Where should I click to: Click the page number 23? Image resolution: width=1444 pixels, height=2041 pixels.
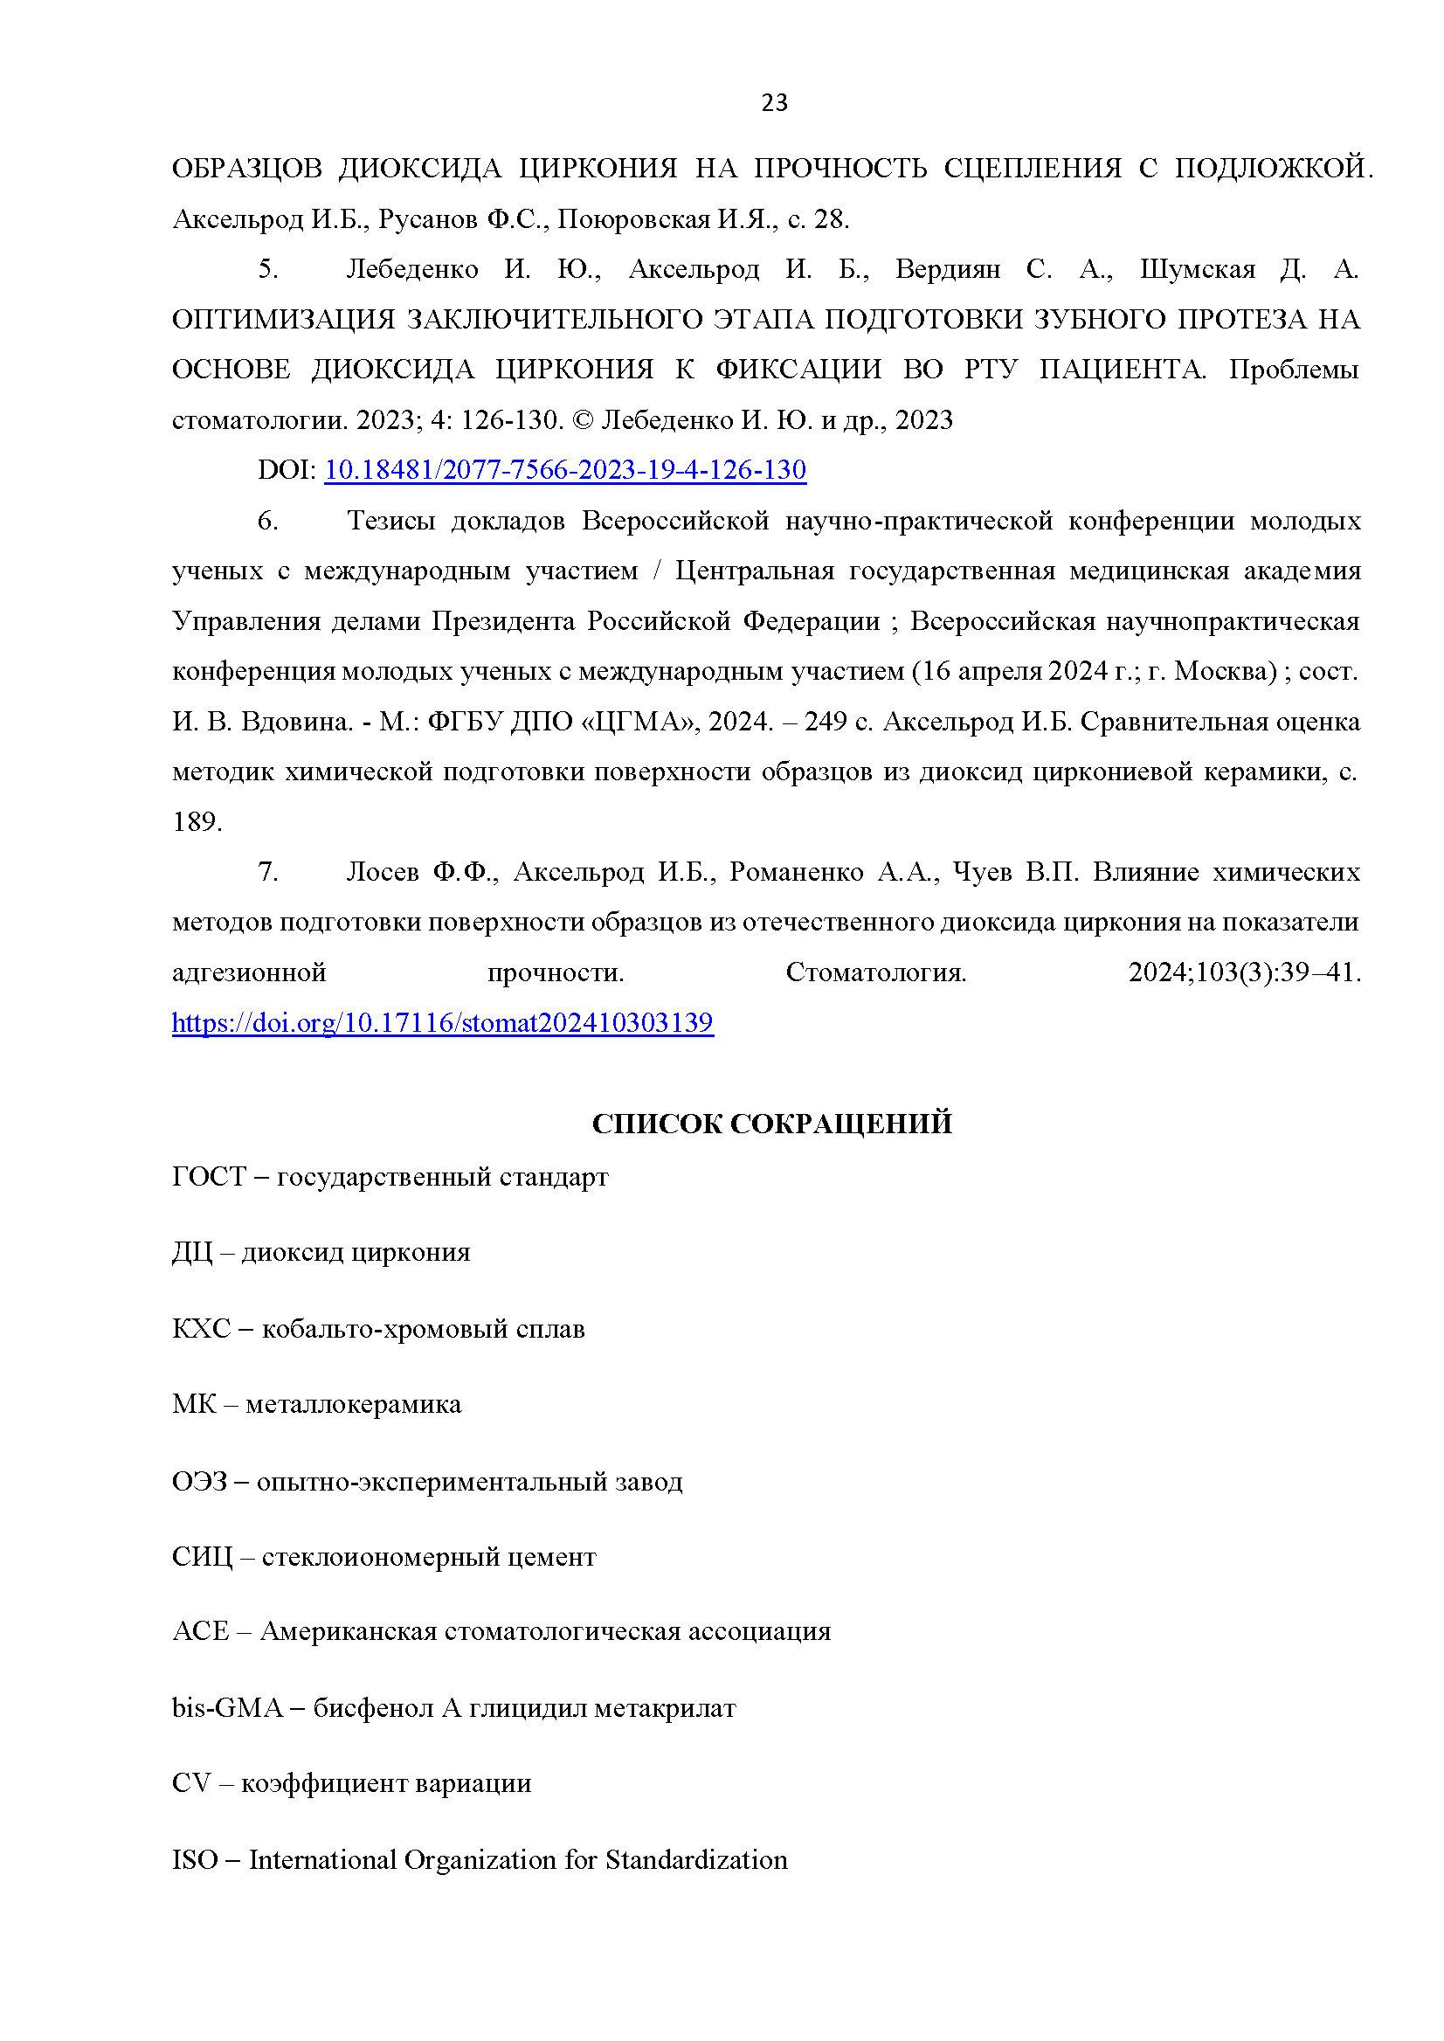pyautogui.click(x=774, y=103)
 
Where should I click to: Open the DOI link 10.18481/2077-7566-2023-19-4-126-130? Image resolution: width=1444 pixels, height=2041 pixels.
pyautogui.click(x=564, y=469)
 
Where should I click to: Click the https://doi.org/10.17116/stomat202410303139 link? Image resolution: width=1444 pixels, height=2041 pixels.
pyautogui.click(x=442, y=1023)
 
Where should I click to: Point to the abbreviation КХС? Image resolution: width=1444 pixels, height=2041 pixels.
pyautogui.click(x=201, y=1329)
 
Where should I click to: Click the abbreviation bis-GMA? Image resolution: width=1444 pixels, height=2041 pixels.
pyautogui.click(x=226, y=1707)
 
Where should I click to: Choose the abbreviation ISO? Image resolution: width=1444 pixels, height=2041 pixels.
pyautogui.click(x=194, y=1859)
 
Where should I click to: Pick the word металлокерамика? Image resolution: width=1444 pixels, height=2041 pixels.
pyautogui.click(x=353, y=1404)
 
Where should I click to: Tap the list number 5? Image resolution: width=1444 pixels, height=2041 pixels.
pyautogui.click(x=267, y=269)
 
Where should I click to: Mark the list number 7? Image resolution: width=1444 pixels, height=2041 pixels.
pyautogui.click(x=267, y=872)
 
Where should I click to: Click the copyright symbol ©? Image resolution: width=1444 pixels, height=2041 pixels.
pyautogui.click(x=583, y=419)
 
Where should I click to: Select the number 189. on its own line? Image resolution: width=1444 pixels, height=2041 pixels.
pyautogui.click(x=197, y=822)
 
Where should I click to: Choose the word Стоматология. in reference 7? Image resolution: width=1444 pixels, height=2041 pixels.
pyautogui.click(x=875, y=972)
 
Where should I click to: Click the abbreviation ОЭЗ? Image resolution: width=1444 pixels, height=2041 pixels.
pyautogui.click(x=199, y=1481)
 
